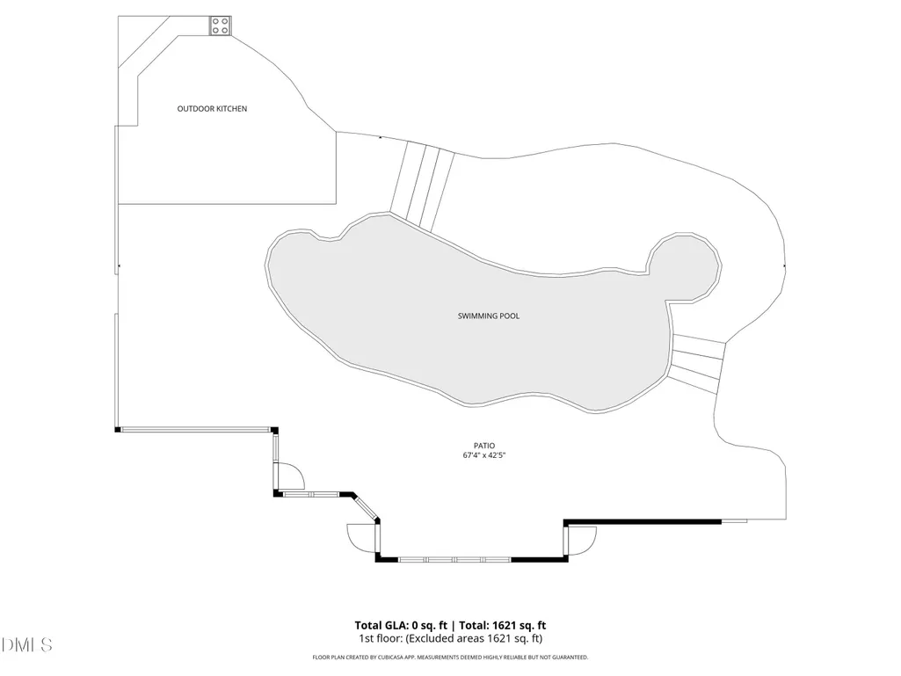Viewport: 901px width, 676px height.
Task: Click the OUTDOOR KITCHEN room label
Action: (x=212, y=109)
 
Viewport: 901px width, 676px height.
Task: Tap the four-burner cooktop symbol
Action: (x=221, y=25)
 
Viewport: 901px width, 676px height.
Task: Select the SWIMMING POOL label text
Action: (x=489, y=316)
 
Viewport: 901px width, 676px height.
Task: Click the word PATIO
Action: (x=484, y=446)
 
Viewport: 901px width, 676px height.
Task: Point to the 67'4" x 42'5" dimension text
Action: (x=484, y=455)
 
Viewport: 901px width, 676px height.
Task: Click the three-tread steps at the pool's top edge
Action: (x=422, y=186)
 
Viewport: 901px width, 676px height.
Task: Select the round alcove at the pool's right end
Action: (x=685, y=266)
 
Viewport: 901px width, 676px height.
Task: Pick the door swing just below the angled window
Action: (x=362, y=538)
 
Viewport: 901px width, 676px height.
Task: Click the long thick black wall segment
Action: (x=643, y=522)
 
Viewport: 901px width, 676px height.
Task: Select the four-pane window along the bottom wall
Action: (x=454, y=559)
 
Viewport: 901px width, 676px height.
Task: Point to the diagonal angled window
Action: (x=366, y=507)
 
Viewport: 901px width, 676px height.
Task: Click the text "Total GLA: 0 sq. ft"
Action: (x=401, y=625)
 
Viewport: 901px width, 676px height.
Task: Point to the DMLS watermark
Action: (x=26, y=645)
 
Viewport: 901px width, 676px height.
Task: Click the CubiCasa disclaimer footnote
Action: (x=450, y=657)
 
